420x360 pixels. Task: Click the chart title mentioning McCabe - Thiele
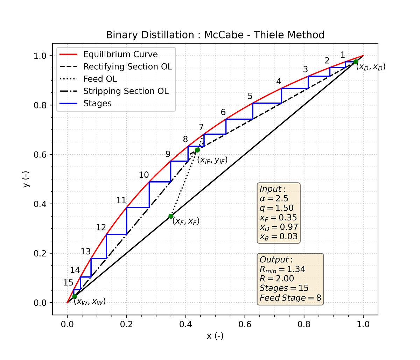click(x=215, y=35)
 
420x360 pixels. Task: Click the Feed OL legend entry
click(x=100, y=79)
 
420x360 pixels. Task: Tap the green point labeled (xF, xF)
click(x=171, y=216)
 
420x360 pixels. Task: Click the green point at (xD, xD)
click(x=356, y=62)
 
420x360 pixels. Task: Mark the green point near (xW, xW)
click(x=75, y=296)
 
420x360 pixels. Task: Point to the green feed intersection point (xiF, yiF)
click(x=197, y=150)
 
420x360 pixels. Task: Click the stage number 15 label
click(x=68, y=283)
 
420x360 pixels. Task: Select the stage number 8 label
click(x=185, y=140)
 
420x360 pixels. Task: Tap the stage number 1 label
click(x=343, y=55)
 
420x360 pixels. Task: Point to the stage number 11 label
click(x=121, y=201)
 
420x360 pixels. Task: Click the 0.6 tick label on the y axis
click(x=41, y=155)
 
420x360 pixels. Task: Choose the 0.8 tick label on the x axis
click(x=304, y=324)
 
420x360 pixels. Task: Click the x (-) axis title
click(x=215, y=336)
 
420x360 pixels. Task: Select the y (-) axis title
click(x=26, y=179)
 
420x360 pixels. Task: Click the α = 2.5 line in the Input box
click(x=274, y=199)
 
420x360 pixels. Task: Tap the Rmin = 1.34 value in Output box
click(x=282, y=269)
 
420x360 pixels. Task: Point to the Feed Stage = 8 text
click(x=290, y=298)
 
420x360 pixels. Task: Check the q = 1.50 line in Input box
click(x=276, y=208)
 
